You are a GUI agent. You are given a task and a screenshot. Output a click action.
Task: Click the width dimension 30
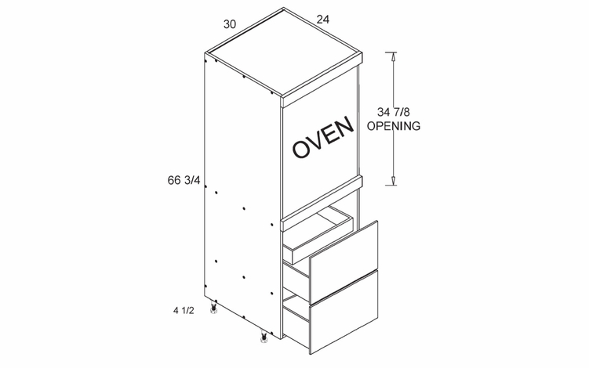tap(230, 24)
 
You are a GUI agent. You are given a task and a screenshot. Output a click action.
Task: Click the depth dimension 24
tap(323, 19)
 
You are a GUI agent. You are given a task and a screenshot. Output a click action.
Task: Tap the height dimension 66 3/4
tap(184, 180)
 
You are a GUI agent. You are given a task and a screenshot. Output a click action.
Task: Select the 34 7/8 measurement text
tap(393, 112)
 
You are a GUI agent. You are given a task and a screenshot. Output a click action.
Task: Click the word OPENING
tap(393, 126)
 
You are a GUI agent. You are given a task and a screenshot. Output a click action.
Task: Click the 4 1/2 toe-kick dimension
tap(184, 311)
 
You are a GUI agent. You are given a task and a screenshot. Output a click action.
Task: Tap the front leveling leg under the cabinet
tap(264, 337)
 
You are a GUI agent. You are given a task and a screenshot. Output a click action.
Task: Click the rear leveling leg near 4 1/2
tap(214, 307)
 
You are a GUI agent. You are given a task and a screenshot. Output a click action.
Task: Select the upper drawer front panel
tap(344, 262)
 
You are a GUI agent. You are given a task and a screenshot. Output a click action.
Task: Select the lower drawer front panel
tap(344, 312)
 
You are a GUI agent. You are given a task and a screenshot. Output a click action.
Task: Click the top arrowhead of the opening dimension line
tap(393, 56)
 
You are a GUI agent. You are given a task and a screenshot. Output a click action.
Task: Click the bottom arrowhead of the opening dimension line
tap(393, 181)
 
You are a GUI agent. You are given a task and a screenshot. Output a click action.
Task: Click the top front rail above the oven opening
tap(322, 80)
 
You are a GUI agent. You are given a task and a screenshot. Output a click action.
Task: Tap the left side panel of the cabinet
tap(242, 195)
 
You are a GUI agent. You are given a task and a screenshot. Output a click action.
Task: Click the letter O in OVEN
tap(301, 149)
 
